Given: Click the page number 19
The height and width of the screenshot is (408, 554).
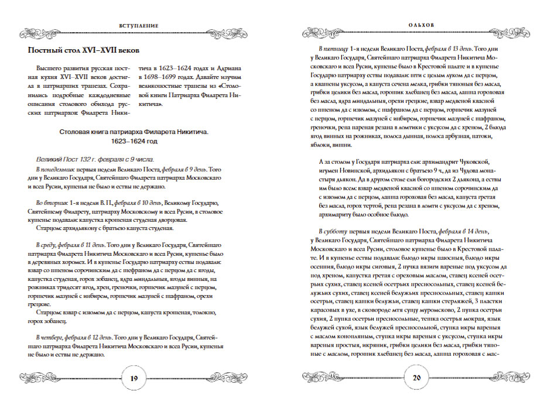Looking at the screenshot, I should coord(134,378).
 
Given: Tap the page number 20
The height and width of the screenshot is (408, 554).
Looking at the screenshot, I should coord(417,378).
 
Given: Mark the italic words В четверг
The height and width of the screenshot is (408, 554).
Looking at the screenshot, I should coord(49,338).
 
